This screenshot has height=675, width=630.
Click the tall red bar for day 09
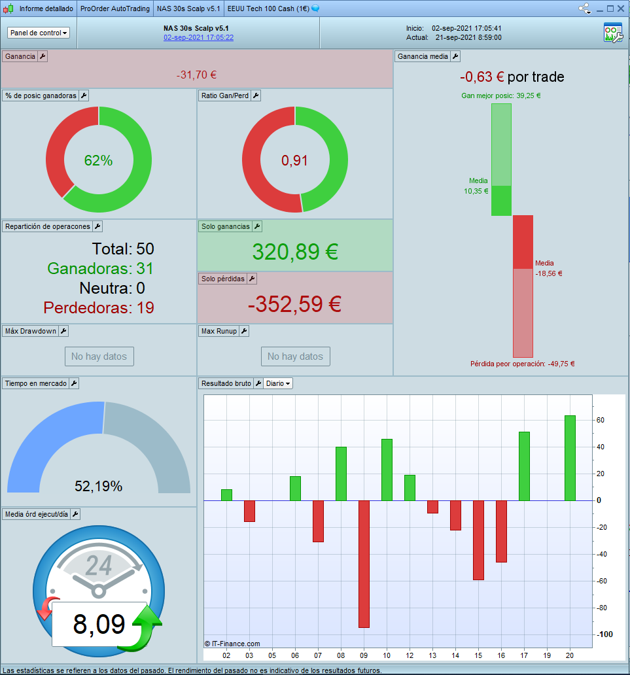[364, 564]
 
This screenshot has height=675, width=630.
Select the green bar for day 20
[570, 458]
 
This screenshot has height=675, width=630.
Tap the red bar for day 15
[478, 540]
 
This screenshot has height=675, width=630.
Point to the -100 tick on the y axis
[605, 634]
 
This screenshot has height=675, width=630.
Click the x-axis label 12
[410, 655]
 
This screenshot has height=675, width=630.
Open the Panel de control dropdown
[39, 33]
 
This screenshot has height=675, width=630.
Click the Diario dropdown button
[278, 383]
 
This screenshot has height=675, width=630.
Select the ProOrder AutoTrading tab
[114, 9]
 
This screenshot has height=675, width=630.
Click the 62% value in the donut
[98, 161]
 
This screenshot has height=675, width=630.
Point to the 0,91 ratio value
[294, 161]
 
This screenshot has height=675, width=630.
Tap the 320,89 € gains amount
[295, 252]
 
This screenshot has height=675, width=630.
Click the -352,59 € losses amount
[295, 304]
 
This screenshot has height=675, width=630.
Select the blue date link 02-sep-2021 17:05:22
[198, 38]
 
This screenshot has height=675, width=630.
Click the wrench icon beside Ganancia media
[455, 56]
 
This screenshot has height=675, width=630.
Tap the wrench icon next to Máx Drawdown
[63, 331]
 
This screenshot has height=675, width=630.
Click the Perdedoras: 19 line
[99, 307]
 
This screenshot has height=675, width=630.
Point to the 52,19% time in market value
[98, 486]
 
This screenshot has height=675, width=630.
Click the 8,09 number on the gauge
[99, 625]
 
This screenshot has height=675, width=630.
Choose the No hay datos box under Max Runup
[295, 356]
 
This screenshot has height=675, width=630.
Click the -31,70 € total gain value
[196, 75]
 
